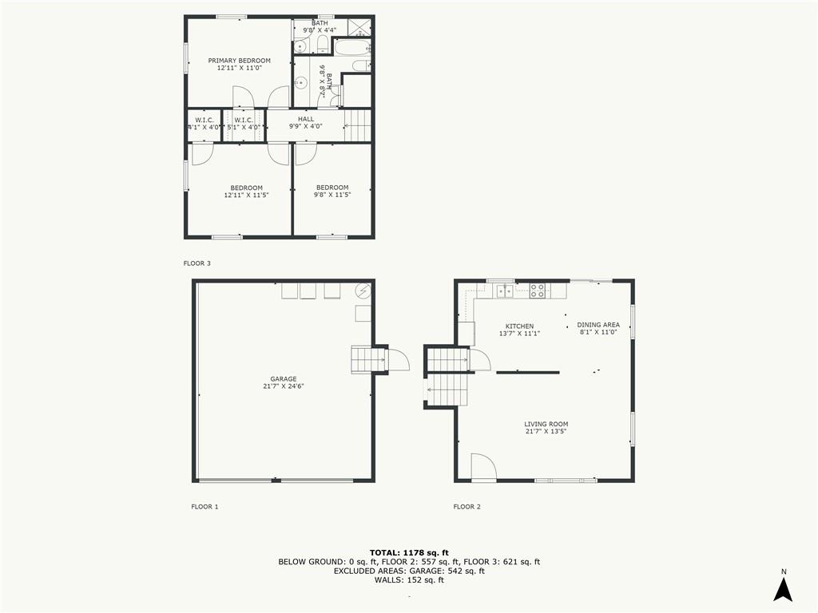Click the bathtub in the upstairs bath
(x=351, y=48)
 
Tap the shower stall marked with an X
(x=359, y=27)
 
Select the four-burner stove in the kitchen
(x=538, y=291)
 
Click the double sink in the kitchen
(x=505, y=291)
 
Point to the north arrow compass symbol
(x=783, y=587)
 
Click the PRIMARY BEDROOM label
(x=240, y=61)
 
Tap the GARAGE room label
(x=284, y=379)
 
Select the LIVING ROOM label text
(x=546, y=424)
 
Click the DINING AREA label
(x=598, y=325)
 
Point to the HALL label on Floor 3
(x=306, y=119)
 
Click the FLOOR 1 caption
(x=204, y=506)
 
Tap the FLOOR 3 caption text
(x=197, y=263)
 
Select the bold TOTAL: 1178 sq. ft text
(x=409, y=552)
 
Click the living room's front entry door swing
(x=483, y=465)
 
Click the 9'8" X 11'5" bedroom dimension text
(x=332, y=195)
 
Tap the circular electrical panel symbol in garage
(x=363, y=291)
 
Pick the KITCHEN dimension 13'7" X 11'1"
(x=519, y=334)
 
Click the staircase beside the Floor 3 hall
(x=357, y=125)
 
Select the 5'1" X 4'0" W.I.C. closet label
(x=244, y=127)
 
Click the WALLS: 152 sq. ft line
(x=409, y=579)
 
